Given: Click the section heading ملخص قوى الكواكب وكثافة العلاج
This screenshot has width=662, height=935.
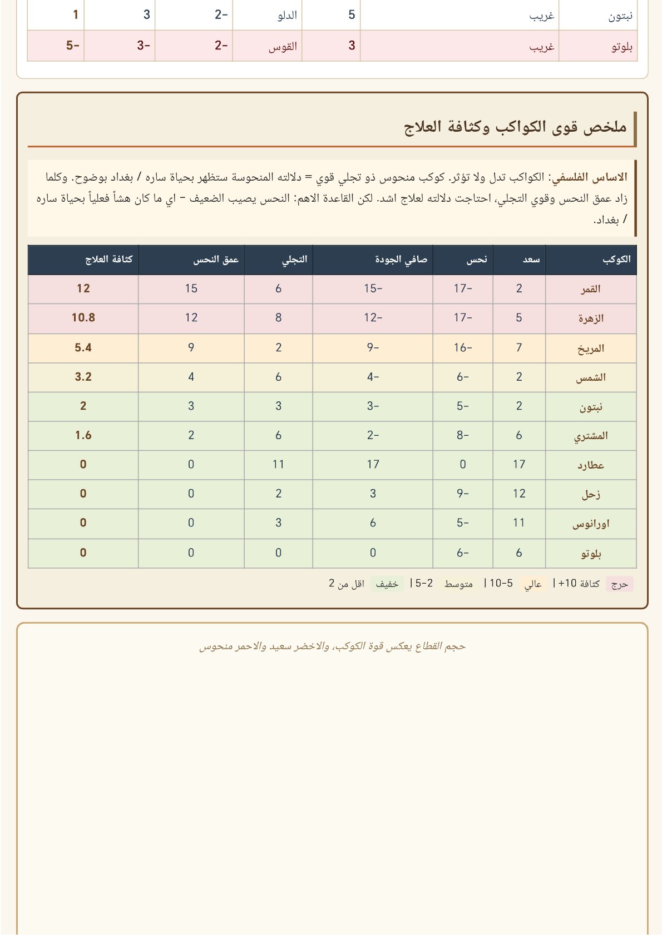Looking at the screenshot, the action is pos(515,127).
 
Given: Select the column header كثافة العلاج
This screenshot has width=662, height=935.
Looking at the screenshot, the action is pos(108,260).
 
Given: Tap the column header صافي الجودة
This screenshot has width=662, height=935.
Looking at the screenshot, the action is pos(401,260).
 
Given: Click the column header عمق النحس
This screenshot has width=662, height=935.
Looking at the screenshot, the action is pos(216,260).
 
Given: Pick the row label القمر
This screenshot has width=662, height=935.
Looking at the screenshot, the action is pos(591,289).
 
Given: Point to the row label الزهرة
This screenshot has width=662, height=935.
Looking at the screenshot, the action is pos(591,318).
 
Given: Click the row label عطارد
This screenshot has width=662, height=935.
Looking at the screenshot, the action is pos(591,465).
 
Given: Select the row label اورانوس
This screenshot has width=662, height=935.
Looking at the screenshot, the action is pos(591,524).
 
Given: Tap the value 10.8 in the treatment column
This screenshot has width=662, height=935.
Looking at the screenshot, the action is pos(83,318).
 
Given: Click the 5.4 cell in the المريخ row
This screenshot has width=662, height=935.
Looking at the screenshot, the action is pos(83,348).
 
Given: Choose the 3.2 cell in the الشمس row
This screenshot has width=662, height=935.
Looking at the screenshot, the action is pos(83,377).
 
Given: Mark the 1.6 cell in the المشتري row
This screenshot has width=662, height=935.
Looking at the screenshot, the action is pos(83,436).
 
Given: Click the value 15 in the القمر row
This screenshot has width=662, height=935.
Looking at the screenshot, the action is pos(191,289).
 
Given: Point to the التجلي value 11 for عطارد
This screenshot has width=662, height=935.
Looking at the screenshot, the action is pos(278,465).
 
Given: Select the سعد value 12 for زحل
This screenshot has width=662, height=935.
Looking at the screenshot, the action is pos(518,494).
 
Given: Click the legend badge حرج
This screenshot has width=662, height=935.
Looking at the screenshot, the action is pos(620,584).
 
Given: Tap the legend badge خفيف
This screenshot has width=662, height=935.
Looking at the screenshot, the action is pos(387,584).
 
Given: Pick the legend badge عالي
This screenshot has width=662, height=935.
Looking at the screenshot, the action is pos(533,584).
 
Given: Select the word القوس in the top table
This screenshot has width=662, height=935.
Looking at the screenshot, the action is pos(283,47).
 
